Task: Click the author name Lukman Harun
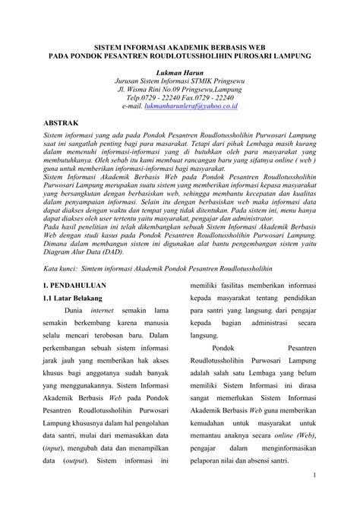point(180,77)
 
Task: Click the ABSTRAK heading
point(62,142)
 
